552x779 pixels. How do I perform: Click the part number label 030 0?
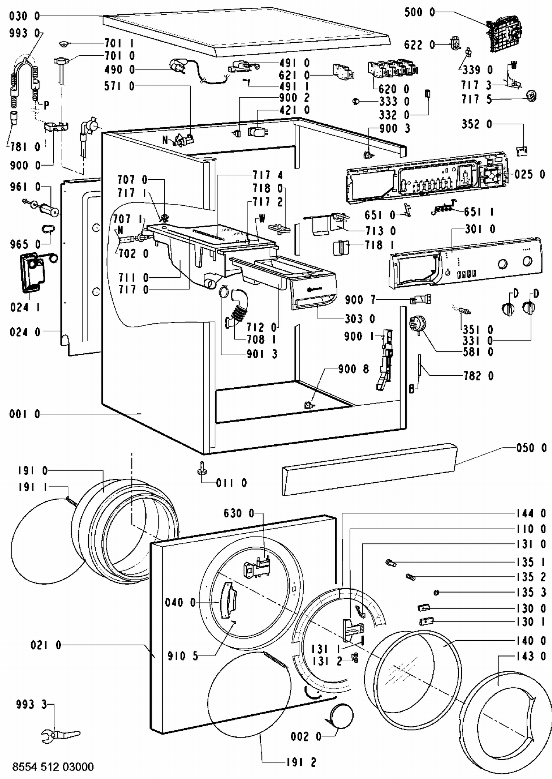pos(24,17)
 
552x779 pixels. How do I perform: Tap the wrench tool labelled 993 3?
pos(61,734)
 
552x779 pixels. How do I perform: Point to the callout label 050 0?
pos(531,448)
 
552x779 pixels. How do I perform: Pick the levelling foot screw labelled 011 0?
pos(201,467)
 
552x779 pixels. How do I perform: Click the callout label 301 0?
pos(480,229)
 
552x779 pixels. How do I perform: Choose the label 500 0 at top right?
pos(420,13)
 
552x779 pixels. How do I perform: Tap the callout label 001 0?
pos(25,414)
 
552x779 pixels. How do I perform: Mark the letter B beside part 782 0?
pos(411,389)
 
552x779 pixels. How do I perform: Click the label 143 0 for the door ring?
pos(531,656)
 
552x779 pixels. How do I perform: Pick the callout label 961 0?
pos(25,187)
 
